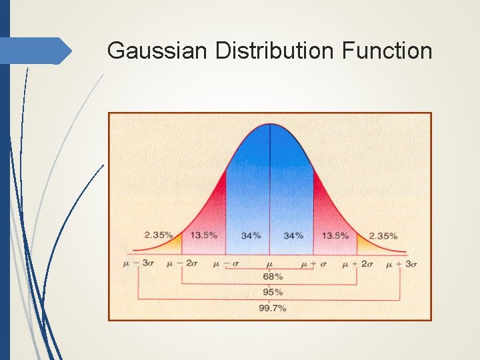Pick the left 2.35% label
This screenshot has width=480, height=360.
tap(159, 235)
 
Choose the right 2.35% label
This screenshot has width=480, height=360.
tap(383, 235)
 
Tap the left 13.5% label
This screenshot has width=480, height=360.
tap(203, 235)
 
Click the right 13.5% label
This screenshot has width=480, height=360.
tap(335, 235)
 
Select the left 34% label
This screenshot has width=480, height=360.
tap(251, 235)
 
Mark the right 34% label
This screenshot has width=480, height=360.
tap(293, 235)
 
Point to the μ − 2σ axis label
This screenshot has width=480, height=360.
tap(183, 264)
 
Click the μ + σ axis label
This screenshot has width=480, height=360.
tap(313, 264)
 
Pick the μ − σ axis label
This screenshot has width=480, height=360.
tap(226, 264)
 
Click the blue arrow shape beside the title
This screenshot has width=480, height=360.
tap(37, 51)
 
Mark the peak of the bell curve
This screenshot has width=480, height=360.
tap(270, 125)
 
